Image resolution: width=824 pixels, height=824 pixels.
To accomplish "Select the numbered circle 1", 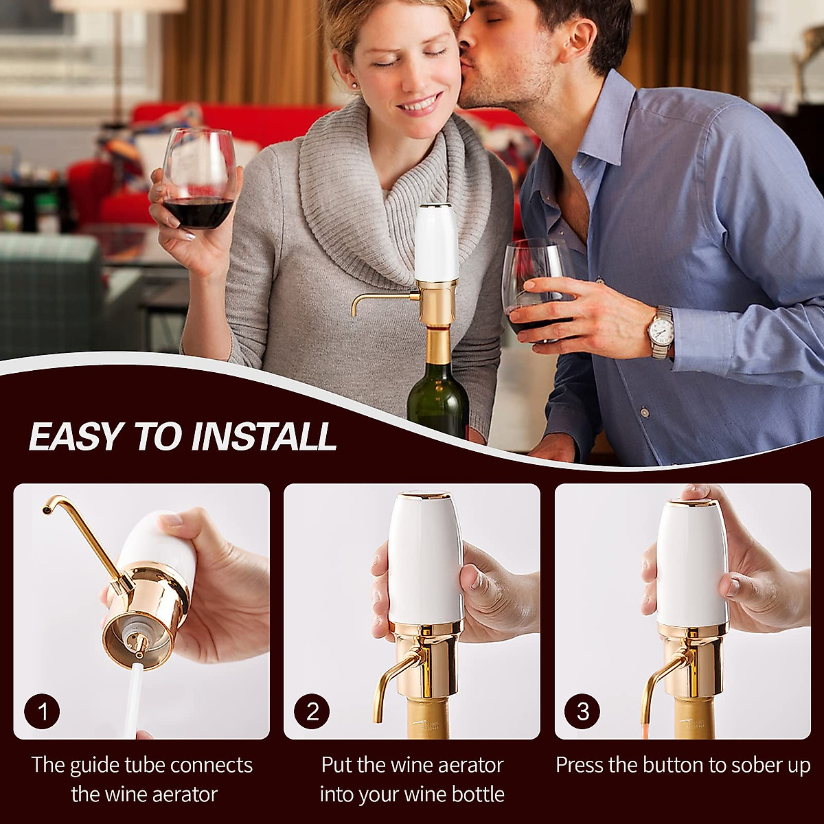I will tap(43, 711).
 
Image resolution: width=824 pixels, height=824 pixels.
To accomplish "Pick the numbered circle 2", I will tap(312, 711).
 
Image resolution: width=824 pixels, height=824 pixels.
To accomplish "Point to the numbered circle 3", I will tap(583, 711).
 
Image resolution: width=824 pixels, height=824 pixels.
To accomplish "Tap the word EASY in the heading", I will tap(76, 437).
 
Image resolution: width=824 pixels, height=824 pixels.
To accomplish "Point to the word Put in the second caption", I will tap(337, 765).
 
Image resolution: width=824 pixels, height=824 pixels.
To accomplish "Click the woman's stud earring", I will tap(355, 85).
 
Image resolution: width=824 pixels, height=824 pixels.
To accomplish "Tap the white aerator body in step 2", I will tap(425, 556).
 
